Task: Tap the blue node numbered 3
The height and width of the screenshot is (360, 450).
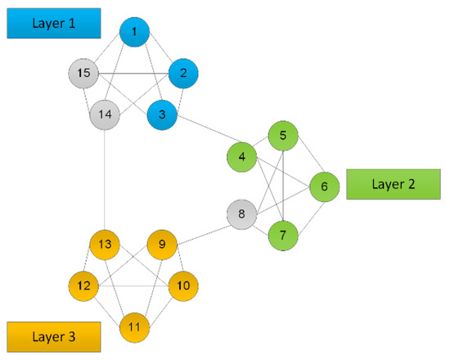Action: (163, 115)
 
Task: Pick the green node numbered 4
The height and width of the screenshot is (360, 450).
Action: (241, 155)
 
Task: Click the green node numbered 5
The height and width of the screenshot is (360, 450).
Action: (283, 135)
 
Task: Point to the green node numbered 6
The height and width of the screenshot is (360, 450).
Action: (324, 187)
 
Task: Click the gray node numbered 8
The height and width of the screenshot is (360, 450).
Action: (241, 216)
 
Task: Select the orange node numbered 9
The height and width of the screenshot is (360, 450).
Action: (162, 244)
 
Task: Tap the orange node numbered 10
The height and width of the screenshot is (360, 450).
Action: (183, 286)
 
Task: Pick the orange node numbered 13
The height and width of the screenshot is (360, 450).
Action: (105, 244)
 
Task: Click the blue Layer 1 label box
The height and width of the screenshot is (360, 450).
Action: (53, 23)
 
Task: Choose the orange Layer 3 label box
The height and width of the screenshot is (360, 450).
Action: (53, 336)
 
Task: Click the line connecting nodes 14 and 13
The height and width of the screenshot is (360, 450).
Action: (105, 180)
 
